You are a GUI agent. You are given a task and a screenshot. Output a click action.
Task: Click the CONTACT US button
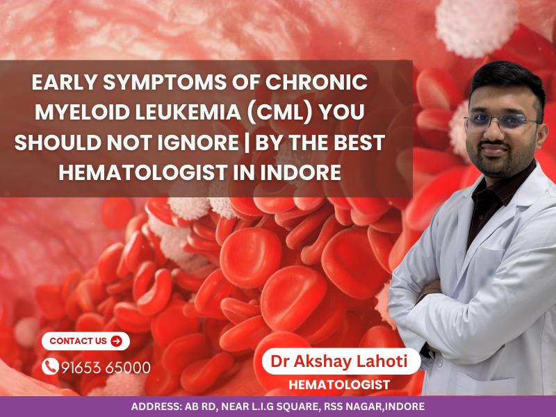tap(85, 341)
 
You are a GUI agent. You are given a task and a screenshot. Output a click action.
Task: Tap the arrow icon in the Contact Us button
tap(116, 341)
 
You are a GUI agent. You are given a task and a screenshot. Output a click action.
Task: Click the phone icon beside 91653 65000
tap(50, 367)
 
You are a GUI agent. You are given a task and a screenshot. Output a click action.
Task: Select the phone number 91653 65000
tap(106, 367)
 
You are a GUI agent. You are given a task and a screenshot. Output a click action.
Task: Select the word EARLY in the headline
tap(69, 83)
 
